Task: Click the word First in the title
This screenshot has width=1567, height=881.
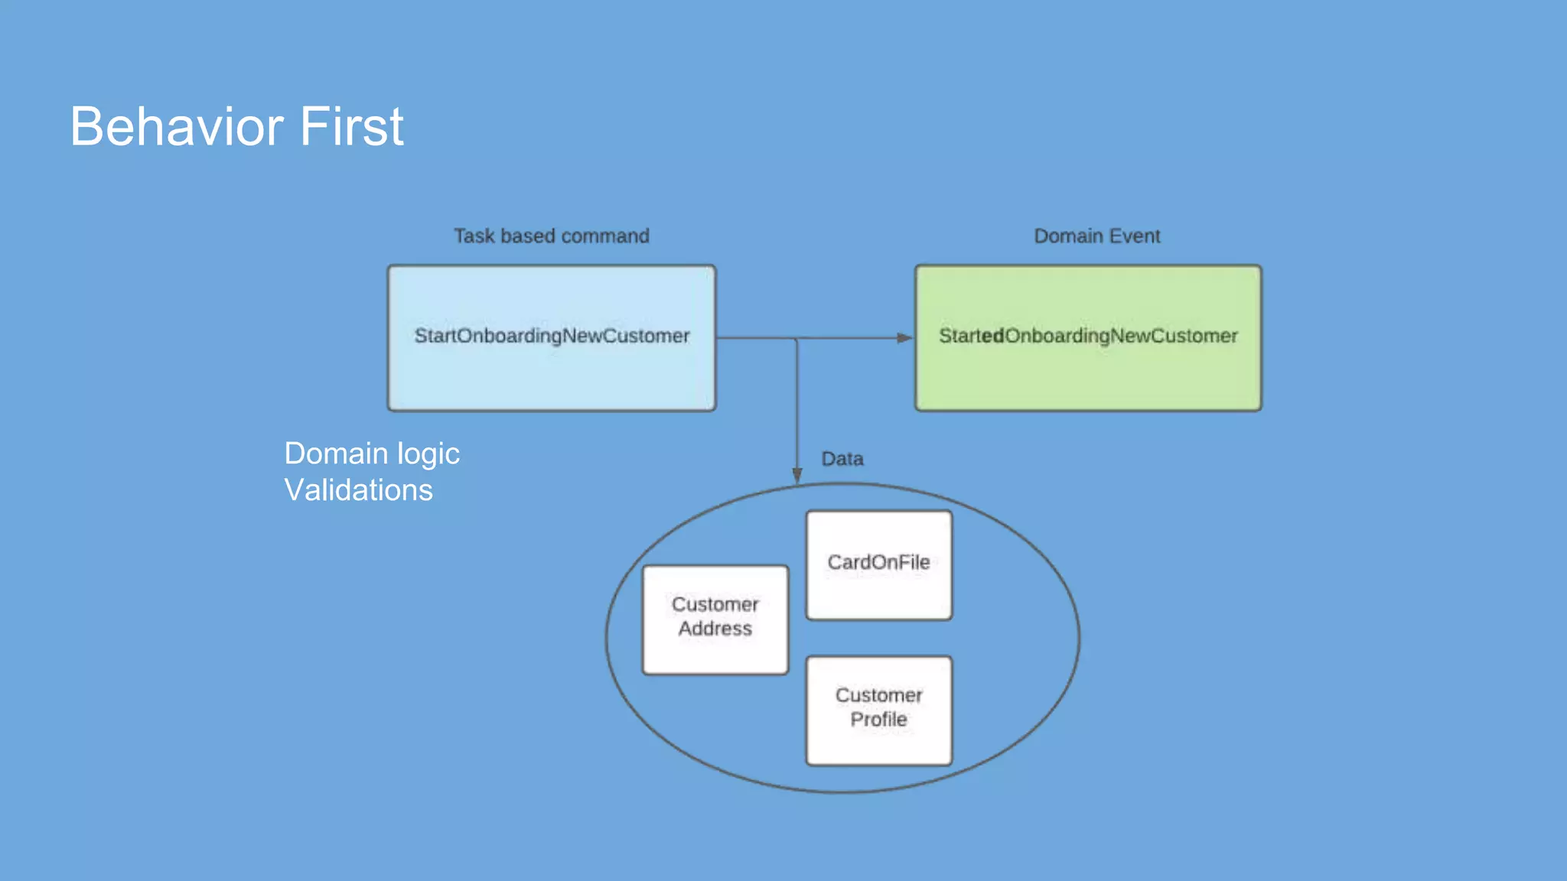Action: tap(351, 127)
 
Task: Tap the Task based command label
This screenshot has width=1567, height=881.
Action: tap(551, 236)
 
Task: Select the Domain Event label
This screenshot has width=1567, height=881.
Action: tap(1096, 236)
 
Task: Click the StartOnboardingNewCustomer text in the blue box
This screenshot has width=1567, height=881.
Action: tap(552, 336)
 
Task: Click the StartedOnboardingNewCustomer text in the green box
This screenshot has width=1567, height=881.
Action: tap(1087, 336)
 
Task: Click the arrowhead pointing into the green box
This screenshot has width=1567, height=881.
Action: tap(904, 338)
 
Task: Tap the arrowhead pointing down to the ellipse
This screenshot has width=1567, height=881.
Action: tap(797, 476)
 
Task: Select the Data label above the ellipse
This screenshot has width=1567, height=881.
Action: tap(842, 459)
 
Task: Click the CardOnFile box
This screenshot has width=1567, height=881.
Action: tap(878, 564)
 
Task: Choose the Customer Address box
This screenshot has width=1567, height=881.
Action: tap(715, 619)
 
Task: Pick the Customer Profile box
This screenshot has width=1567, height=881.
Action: tap(878, 710)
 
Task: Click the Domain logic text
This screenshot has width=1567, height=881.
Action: tap(372, 454)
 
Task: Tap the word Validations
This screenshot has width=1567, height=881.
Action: tap(358, 490)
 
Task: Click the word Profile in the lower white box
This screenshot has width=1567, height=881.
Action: tap(878, 720)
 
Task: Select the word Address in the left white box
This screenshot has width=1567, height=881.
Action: tap(715, 629)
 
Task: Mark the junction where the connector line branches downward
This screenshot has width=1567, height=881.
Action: tap(797, 338)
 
